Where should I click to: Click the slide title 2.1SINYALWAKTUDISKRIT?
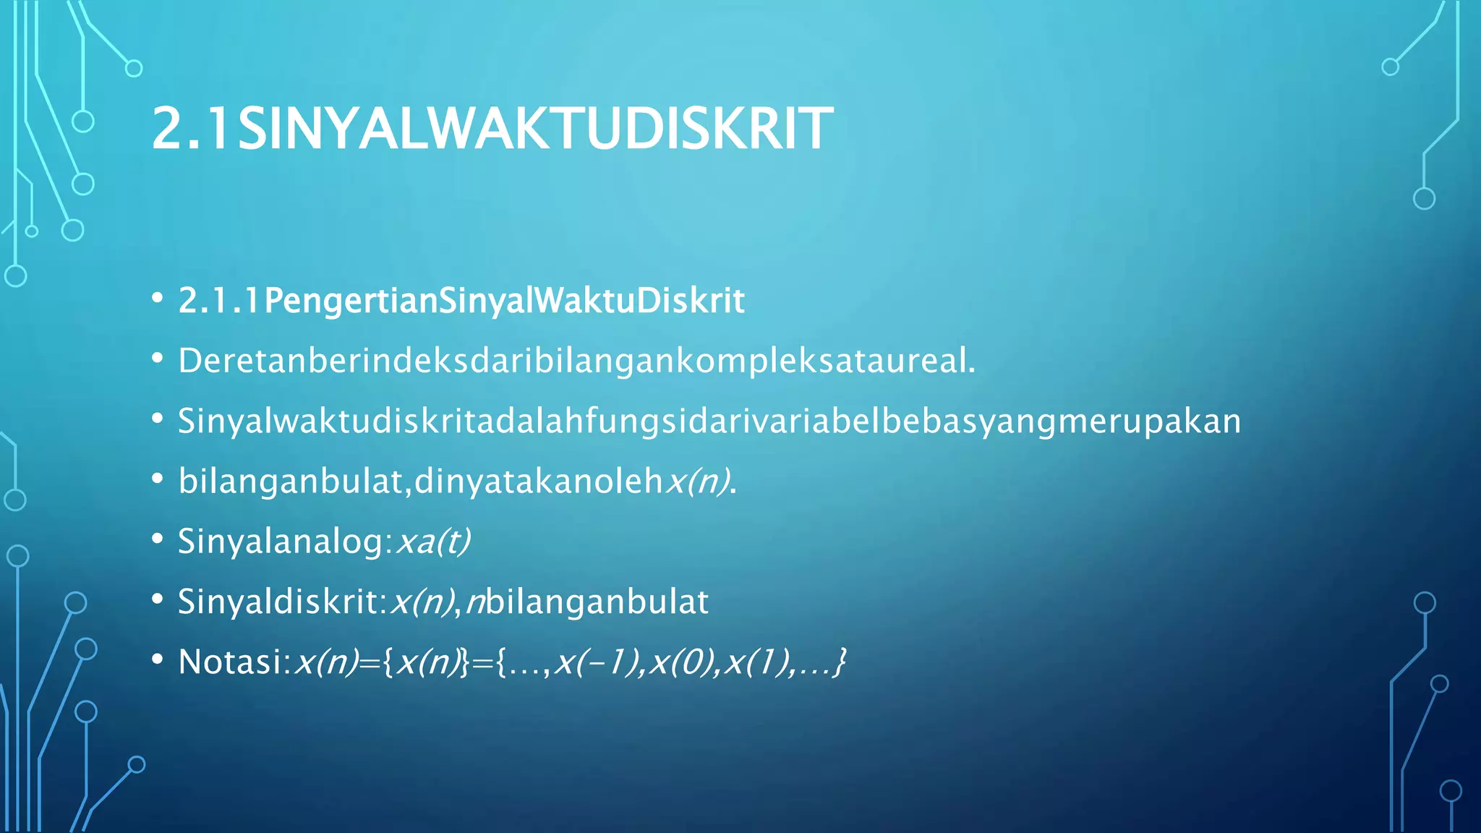[492, 129]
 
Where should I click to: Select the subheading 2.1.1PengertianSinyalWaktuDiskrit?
[461, 301]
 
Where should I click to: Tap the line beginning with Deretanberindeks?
[576, 361]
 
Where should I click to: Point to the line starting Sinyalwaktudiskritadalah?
[709, 421]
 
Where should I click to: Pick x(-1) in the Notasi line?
[599, 662]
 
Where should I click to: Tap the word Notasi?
[234, 662]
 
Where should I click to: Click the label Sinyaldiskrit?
[283, 602]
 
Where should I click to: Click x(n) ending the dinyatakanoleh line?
[698, 481]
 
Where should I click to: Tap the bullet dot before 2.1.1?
[158, 299]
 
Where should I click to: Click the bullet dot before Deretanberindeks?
[158, 359]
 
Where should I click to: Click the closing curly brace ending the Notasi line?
[839, 662]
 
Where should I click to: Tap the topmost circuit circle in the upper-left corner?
[134, 69]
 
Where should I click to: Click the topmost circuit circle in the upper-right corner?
[1390, 67]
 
